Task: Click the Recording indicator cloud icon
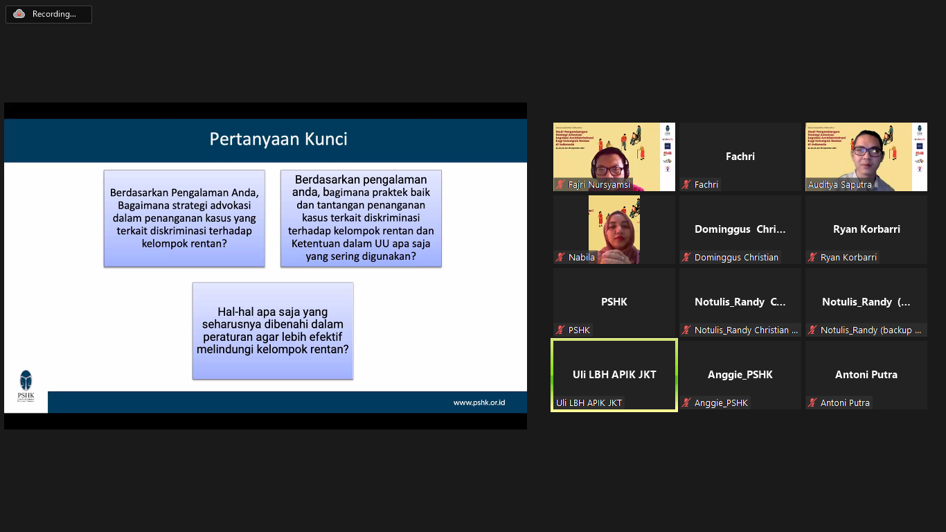pyautogui.click(x=19, y=14)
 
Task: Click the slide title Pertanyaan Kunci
pyautogui.click(x=278, y=139)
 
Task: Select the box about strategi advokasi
pyautogui.click(x=184, y=218)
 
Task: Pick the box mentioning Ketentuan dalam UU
pyautogui.click(x=361, y=218)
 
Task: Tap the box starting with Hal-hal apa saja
pyautogui.click(x=273, y=330)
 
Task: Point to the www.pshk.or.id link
pyautogui.click(x=479, y=402)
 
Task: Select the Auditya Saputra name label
pyautogui.click(x=839, y=185)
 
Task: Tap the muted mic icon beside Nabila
pyautogui.click(x=560, y=258)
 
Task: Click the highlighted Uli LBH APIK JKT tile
pyautogui.click(x=614, y=375)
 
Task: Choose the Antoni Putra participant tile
pyautogui.click(x=866, y=375)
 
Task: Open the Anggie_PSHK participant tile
pyautogui.click(x=740, y=375)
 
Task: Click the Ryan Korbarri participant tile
pyautogui.click(x=866, y=229)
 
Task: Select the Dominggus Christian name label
pyautogui.click(x=736, y=258)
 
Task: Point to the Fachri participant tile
pyautogui.click(x=740, y=157)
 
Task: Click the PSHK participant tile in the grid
pyautogui.click(x=614, y=302)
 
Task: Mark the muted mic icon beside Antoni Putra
pyautogui.click(x=812, y=403)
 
